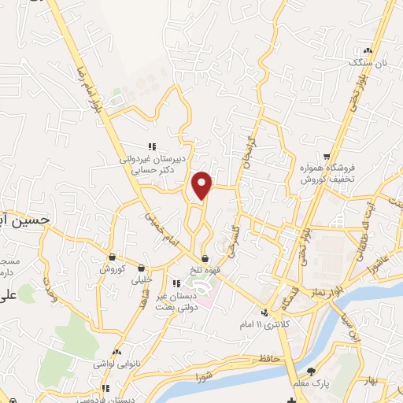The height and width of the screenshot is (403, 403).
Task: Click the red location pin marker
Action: pos(202,185)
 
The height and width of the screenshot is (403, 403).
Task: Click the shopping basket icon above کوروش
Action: pos(113,257)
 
